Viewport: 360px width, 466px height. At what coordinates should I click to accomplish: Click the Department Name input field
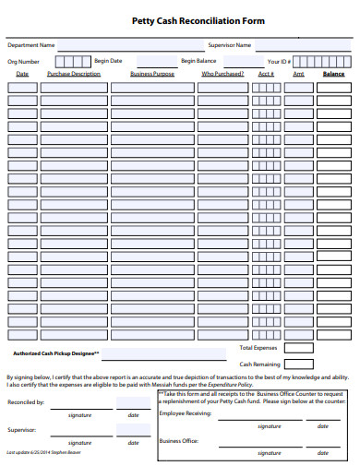tap(128, 44)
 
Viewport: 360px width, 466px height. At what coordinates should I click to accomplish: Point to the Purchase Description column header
tap(74, 74)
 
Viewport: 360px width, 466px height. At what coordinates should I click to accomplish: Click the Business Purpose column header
tap(152, 74)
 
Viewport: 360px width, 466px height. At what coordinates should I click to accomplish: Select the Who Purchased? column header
tap(222, 74)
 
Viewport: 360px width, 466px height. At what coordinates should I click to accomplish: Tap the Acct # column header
tap(266, 74)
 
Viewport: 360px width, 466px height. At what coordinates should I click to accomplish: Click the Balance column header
tap(333, 74)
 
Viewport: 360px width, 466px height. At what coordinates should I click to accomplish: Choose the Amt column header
tap(298, 74)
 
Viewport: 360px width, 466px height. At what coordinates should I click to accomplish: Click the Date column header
tap(23, 74)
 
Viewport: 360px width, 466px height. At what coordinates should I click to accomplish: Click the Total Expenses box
tap(298, 348)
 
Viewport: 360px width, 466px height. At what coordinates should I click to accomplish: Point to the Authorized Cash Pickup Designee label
tap(55, 353)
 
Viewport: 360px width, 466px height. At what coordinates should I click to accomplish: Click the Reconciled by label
tap(26, 403)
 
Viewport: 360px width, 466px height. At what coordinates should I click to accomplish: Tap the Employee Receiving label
tap(186, 413)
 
